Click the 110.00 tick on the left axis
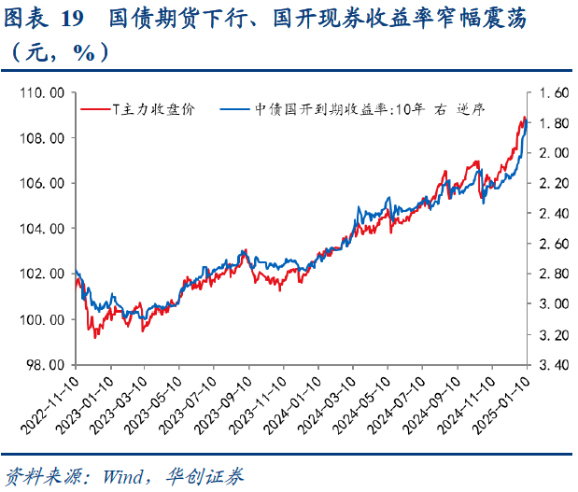(44, 93)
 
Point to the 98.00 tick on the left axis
(47, 365)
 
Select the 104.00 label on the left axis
(44, 229)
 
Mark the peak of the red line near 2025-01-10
(525, 118)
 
